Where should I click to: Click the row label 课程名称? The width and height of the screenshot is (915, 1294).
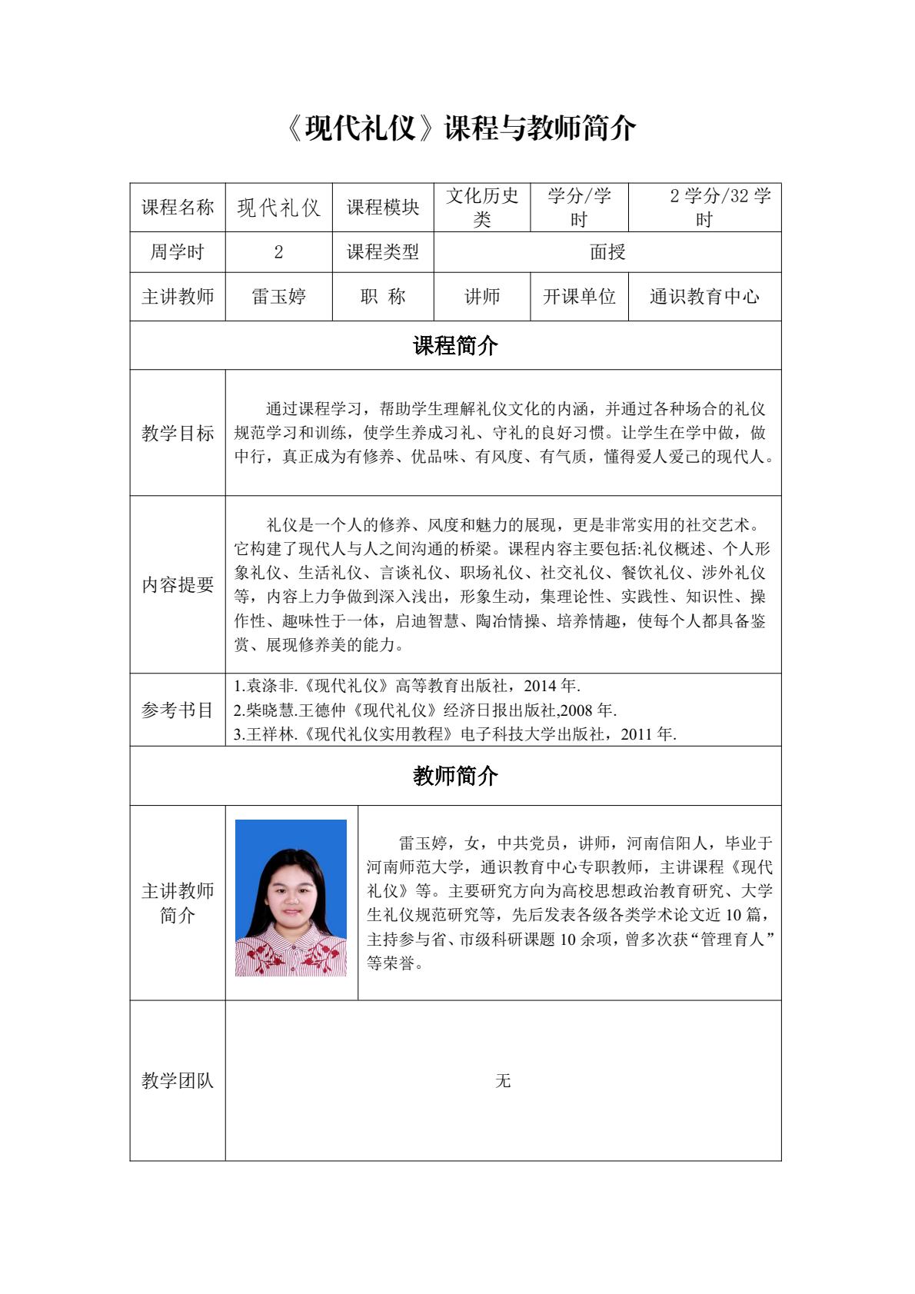178,208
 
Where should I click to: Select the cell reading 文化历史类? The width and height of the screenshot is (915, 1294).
482,208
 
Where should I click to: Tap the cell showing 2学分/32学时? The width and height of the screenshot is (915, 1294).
705,208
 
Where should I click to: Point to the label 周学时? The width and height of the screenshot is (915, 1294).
178,252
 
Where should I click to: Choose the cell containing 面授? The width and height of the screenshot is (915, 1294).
607,252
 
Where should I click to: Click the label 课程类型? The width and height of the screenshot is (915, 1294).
383,252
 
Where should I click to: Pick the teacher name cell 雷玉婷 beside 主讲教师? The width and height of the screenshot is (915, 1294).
278,297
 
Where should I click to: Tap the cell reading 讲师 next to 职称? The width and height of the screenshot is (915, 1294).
482,297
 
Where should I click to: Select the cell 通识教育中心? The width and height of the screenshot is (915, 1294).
705,297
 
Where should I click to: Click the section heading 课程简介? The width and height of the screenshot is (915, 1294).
455,346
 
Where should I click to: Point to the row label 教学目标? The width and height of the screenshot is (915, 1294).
178,433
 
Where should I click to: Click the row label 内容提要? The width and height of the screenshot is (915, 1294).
178,584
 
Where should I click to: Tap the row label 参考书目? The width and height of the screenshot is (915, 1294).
178,710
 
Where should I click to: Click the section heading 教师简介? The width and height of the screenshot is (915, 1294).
455,776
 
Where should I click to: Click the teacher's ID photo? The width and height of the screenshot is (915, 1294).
291,898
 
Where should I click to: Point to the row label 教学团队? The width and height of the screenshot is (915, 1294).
178,1080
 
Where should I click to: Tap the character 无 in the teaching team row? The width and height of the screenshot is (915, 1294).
503,1080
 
